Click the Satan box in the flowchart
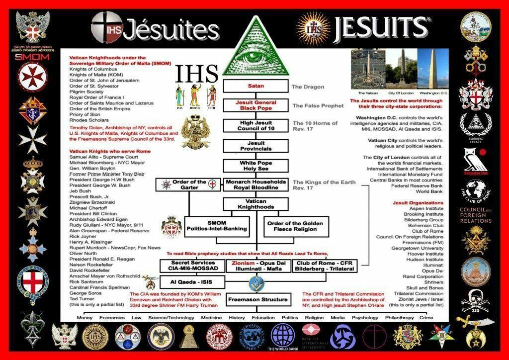255,86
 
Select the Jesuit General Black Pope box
255,105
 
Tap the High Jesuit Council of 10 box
255,126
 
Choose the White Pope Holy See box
255,166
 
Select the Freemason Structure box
257,299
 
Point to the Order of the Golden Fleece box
296,226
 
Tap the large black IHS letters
197,74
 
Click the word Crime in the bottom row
426,318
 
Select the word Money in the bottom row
85,318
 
